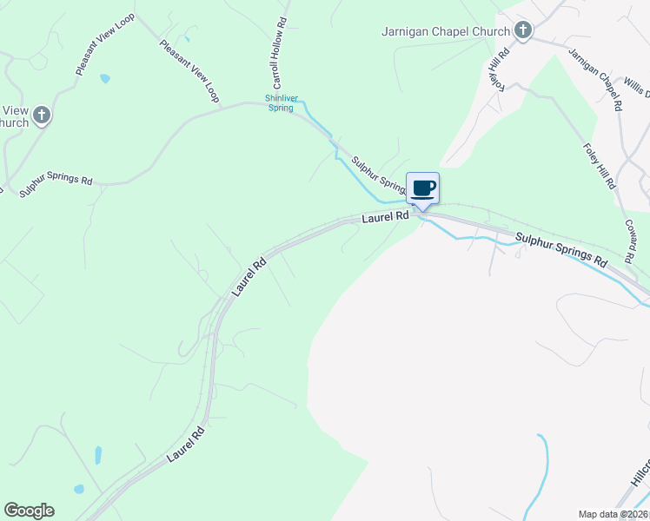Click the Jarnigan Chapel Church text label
[x=446, y=32]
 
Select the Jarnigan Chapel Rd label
[x=596, y=78]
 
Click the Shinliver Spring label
[x=280, y=102]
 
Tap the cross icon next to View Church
[x=42, y=114]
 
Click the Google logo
[x=29, y=511]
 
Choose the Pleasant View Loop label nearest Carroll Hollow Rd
[x=189, y=71]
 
